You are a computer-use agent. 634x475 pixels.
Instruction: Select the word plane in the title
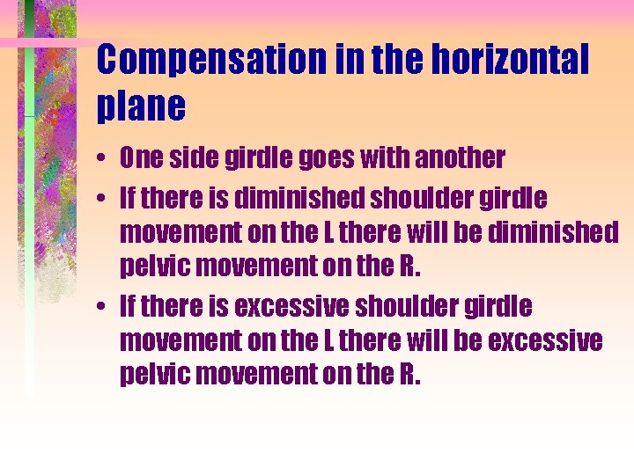coord(141,106)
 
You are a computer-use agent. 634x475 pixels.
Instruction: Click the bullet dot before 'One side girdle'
coord(104,159)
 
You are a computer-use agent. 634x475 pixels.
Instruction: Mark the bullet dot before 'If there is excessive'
coord(104,308)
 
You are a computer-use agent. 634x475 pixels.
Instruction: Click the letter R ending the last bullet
coord(410,375)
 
